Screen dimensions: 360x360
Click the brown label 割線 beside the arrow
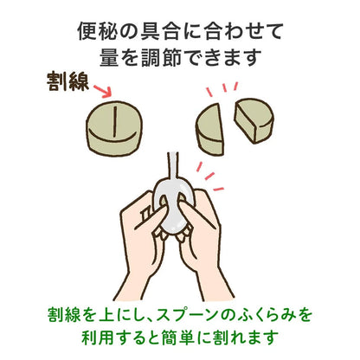(68, 82)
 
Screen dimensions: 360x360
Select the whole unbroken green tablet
(114, 128)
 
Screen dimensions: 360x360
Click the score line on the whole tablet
(115, 121)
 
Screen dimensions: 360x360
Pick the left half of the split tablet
(210, 129)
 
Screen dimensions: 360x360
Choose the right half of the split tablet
(254, 119)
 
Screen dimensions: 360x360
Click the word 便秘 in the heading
(97, 31)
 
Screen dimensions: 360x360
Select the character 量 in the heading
(109, 57)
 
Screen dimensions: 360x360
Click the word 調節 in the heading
(161, 57)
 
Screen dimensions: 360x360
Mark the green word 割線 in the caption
(64, 315)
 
